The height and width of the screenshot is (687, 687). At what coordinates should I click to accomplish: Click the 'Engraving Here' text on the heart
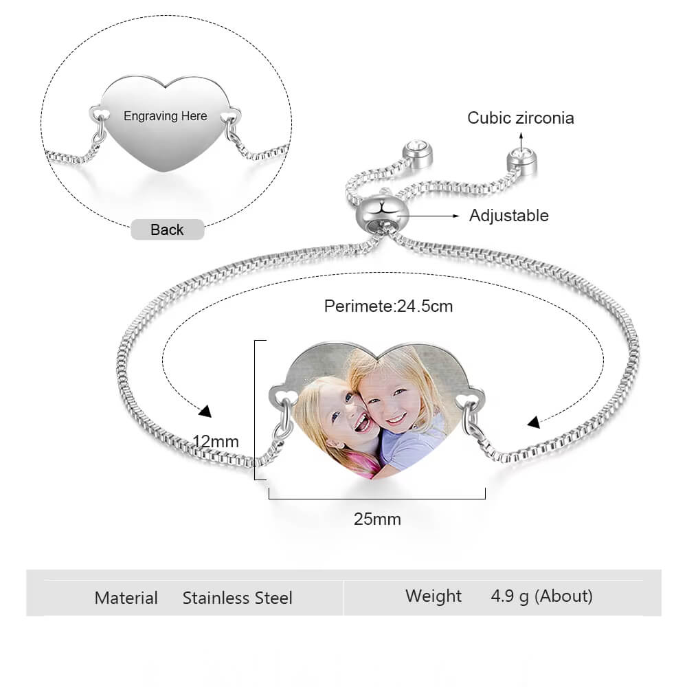(x=165, y=116)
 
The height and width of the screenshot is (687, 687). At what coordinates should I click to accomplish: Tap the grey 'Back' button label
(x=167, y=229)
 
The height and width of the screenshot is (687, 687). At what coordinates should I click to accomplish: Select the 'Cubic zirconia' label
(x=521, y=117)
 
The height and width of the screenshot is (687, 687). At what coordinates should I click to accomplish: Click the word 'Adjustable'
(x=509, y=216)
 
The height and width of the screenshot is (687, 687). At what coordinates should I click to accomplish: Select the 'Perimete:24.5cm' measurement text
(x=389, y=306)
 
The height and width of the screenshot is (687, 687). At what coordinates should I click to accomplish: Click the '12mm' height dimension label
(x=216, y=441)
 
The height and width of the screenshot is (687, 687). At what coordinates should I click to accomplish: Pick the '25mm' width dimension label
(x=377, y=519)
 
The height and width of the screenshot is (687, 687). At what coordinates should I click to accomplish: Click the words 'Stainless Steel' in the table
(x=238, y=598)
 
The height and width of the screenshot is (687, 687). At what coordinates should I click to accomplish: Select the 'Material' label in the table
(x=126, y=598)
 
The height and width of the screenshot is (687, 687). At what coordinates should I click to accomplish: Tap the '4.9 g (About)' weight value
(x=541, y=596)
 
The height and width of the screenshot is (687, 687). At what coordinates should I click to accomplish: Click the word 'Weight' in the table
(x=433, y=596)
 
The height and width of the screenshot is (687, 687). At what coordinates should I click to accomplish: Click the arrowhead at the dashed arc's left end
(x=205, y=412)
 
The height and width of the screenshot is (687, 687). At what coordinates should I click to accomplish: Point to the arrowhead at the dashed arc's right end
(x=534, y=422)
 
